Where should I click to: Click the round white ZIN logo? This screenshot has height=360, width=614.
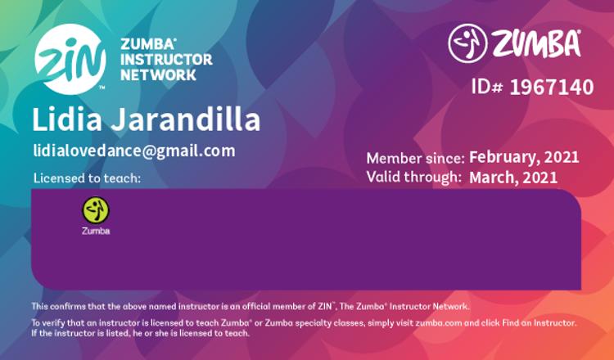70,59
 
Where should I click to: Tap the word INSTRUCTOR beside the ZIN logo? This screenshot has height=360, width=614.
166,60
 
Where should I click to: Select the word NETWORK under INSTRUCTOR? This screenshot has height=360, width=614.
158,74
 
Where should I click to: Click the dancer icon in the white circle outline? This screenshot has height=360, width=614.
467,43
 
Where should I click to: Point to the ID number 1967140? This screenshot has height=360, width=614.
551,87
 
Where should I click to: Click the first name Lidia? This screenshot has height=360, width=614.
67,119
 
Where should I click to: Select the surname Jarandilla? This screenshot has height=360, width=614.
186,119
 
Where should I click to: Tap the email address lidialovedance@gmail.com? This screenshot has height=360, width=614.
134,151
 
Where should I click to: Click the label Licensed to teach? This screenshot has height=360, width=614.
87,178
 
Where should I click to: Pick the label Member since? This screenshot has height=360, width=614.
415,159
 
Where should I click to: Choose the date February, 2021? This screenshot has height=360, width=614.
524,157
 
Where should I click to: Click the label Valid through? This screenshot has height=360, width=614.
413,177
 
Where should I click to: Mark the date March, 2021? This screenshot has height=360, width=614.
513,178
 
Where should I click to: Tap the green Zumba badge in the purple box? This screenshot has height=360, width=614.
96,210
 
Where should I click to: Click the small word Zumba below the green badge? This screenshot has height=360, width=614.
96,231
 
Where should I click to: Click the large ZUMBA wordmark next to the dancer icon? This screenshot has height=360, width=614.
536,43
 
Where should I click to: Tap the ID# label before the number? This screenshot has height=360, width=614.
487,87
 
